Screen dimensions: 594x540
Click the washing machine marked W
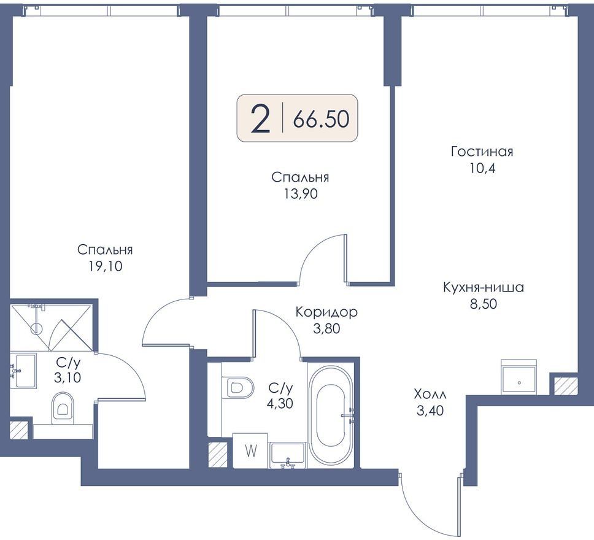251,451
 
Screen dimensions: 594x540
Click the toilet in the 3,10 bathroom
63,406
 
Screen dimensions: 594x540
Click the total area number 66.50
322,119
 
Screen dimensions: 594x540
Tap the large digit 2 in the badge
261,118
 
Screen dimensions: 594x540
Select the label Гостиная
482,152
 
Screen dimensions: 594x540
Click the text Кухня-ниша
484,287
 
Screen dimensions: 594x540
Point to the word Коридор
326,312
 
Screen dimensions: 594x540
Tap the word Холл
430,395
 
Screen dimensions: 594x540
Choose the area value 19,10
106,266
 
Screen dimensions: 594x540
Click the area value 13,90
301,194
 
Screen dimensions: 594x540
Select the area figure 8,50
484,304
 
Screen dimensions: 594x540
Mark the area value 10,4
482,168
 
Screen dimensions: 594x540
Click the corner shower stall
51,326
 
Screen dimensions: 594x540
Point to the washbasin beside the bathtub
288,454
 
